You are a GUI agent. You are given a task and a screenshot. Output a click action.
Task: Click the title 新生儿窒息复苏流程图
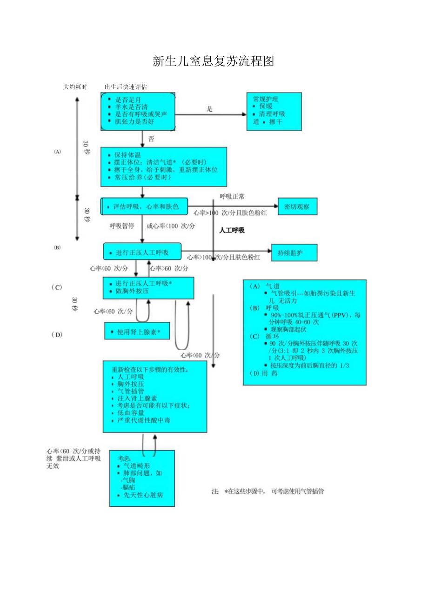(213, 61)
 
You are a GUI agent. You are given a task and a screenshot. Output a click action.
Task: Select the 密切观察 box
(297, 206)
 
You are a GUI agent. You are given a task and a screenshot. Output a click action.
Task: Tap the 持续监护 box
(294, 253)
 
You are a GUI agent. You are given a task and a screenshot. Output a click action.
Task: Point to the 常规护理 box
(274, 111)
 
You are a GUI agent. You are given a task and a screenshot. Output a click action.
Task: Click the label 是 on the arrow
(209, 109)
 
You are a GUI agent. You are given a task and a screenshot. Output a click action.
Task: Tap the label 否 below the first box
(151, 139)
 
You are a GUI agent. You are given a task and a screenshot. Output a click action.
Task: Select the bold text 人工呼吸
(232, 230)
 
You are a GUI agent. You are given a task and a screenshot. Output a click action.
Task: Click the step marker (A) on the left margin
(58, 152)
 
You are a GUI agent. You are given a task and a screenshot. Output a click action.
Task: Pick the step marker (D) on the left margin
(57, 334)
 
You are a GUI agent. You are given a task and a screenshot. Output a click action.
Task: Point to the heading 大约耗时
(75, 87)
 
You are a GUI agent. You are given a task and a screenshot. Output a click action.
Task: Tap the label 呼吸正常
(232, 197)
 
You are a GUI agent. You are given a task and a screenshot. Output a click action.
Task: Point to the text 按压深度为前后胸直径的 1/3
(309, 366)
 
